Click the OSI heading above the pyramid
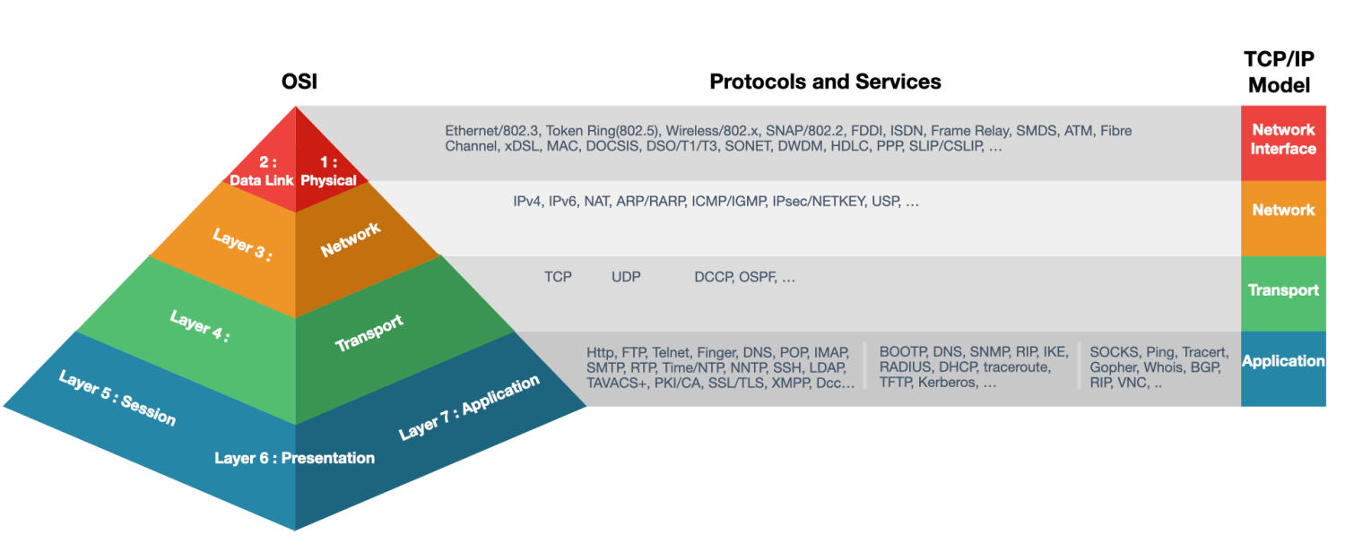299,82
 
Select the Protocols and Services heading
825,82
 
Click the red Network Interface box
1283,140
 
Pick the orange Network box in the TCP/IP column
1283,210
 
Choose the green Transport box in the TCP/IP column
1283,290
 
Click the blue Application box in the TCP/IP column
1283,361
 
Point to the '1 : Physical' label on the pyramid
328,172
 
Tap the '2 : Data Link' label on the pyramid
261,172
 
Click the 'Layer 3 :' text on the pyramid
242,244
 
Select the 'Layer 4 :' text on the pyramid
200,326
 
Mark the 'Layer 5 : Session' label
117,397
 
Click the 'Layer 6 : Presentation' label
294,458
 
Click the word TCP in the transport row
558,277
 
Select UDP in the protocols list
626,277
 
